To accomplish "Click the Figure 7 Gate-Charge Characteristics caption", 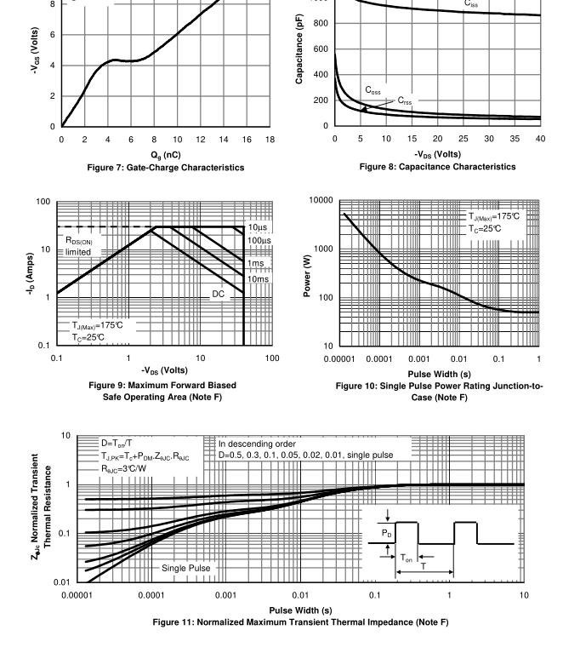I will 166,168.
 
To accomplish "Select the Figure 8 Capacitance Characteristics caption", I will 437,167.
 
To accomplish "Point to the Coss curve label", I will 373,89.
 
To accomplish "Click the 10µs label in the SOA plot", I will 259,227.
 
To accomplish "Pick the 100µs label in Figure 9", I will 259,241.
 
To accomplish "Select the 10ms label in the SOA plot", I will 258,278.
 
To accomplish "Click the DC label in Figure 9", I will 219,293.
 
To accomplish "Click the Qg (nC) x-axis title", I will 166,154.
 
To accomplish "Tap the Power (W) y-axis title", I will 308,274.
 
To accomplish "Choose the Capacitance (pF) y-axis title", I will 300,51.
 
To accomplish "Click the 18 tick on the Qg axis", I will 270,140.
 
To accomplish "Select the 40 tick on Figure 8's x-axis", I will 540,140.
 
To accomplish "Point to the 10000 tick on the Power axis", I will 321,200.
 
